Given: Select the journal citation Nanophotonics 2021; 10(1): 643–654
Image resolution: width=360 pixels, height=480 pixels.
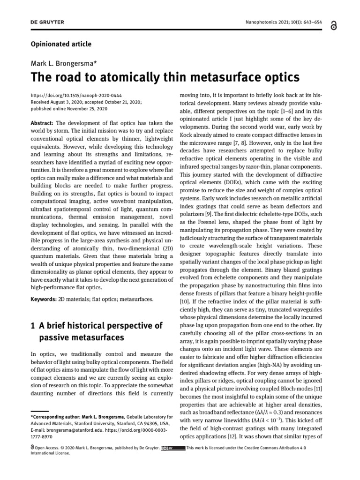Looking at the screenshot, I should pyautogui.click(x=288, y=22).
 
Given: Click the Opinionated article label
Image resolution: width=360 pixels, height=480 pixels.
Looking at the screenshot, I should pyautogui.click(x=61, y=45).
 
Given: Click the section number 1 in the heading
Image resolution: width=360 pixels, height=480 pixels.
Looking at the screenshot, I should pyautogui.click(x=32, y=325).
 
